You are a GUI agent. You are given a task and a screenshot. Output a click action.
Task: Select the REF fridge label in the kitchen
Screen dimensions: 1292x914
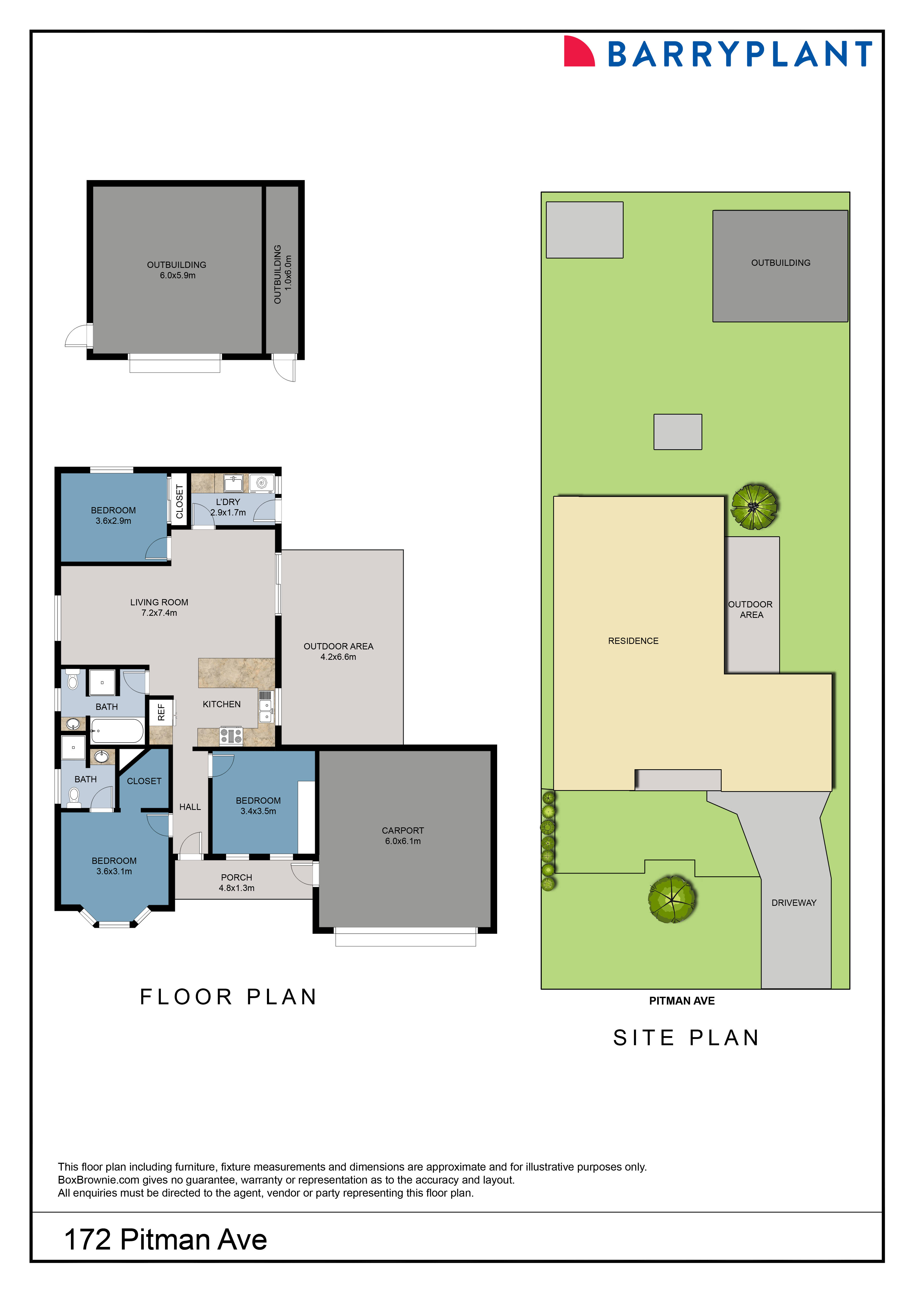[161, 712]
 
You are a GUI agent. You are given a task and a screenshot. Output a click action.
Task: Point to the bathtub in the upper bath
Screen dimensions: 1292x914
[117, 731]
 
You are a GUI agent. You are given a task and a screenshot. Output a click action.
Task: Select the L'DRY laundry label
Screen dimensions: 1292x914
[228, 502]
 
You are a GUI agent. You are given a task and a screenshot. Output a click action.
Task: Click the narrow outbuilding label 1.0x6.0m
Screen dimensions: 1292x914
[288, 273]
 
